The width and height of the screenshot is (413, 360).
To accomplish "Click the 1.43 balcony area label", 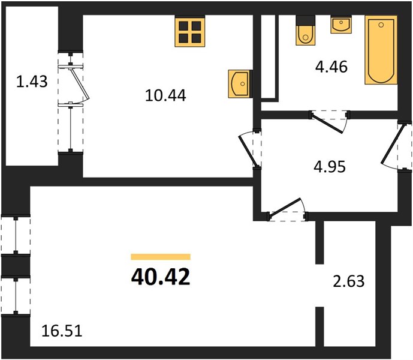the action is [x=32, y=82].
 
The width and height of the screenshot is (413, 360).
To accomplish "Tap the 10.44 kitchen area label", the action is [x=165, y=95].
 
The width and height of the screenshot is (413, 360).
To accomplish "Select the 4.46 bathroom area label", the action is [x=331, y=67].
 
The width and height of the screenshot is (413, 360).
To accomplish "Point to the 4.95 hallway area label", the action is [x=330, y=167].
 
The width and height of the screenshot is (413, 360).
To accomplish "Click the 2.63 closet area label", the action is [x=349, y=281].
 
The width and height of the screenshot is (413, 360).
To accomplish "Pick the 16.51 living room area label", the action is [x=62, y=331].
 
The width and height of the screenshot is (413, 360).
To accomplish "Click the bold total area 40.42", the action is [x=161, y=277].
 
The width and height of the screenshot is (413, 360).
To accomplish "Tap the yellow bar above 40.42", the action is [x=161, y=257].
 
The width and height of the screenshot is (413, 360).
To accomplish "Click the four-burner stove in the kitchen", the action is [x=190, y=31].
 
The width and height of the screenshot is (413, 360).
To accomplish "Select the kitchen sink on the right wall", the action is [x=239, y=84].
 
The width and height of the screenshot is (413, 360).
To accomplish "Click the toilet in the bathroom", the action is [x=306, y=31].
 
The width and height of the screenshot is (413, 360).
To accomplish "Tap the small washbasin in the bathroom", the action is [x=341, y=25].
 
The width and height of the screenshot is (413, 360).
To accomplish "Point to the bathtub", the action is [x=381, y=50].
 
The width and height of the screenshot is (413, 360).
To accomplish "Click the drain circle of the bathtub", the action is [x=381, y=25].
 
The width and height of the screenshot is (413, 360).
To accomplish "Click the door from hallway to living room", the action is [x=287, y=209].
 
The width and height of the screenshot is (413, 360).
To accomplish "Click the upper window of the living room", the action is [x=16, y=235].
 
